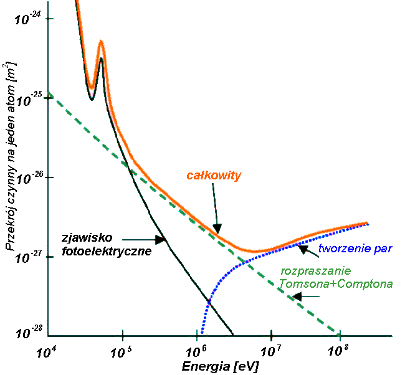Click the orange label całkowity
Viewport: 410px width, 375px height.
click(x=214, y=176)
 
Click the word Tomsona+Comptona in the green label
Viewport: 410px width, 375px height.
click(x=336, y=284)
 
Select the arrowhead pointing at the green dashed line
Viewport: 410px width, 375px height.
click(x=298, y=297)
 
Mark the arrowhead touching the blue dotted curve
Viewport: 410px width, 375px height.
click(x=303, y=249)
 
